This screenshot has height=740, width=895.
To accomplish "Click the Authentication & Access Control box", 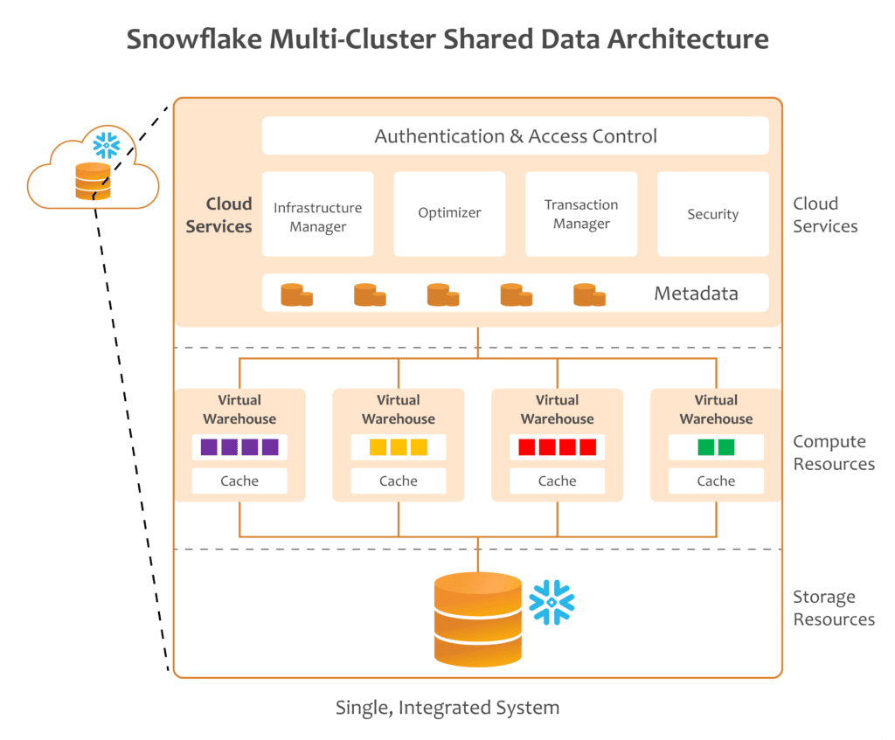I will (x=516, y=136).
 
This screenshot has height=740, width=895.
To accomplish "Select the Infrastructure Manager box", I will (x=317, y=215).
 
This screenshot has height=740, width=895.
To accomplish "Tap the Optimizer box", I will (x=449, y=213).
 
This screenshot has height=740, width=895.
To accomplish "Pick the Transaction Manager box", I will (x=581, y=214).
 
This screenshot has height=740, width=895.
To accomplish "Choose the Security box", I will (x=712, y=214).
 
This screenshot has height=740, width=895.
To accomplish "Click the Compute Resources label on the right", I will (x=833, y=453).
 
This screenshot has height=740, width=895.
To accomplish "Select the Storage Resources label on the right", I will (x=833, y=608).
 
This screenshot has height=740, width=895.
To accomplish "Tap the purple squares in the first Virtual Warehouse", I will (x=239, y=447).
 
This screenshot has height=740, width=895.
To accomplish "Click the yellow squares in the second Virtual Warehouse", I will (x=399, y=447).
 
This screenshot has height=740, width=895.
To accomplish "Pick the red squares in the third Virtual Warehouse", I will (x=557, y=447).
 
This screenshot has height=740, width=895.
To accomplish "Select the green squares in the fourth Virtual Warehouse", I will (x=716, y=447).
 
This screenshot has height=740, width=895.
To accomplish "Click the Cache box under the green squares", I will (x=716, y=481).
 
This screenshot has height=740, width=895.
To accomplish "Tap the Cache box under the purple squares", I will (x=239, y=481).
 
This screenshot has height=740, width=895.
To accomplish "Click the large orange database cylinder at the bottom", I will (x=478, y=618).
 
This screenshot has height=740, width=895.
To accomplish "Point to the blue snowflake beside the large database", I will (x=552, y=602).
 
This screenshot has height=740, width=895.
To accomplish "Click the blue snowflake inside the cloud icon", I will (x=107, y=143).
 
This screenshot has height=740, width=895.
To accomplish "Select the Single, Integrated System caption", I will (x=447, y=707).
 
